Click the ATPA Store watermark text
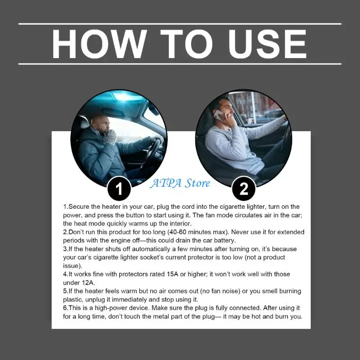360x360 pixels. (x=180, y=183)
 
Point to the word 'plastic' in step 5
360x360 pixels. (x=73, y=299)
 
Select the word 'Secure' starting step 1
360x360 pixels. (x=79, y=207)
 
